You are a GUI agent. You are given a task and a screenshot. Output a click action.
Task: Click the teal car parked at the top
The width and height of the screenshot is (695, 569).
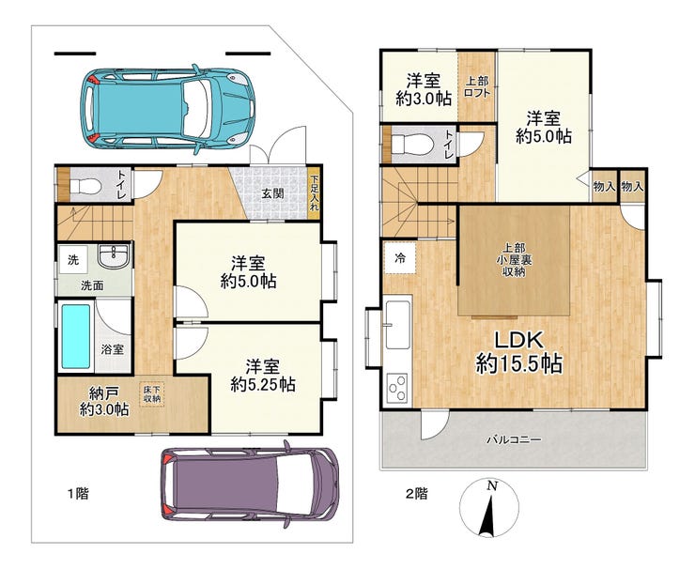coord(167,108)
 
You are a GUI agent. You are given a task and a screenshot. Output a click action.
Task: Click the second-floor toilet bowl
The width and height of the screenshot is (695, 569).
coord(410,144)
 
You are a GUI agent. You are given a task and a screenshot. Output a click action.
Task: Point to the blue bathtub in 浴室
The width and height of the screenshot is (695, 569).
coord(76,336)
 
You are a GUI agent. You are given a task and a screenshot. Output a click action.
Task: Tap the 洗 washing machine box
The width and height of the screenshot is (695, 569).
coord(73,260)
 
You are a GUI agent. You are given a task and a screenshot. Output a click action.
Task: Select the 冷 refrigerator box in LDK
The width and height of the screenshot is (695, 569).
coord(400,258)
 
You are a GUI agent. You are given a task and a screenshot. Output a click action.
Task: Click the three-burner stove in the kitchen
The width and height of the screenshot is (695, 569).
coord(398,389)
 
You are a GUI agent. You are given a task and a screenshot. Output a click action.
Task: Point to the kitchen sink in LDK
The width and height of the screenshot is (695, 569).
coord(398,324)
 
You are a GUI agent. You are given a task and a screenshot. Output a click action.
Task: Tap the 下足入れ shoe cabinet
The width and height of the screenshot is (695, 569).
coord(314,193)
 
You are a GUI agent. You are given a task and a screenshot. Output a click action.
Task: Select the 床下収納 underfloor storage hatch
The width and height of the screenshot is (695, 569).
coord(152,394)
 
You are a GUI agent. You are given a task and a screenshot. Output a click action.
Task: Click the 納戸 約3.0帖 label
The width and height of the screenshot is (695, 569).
coord(104,401)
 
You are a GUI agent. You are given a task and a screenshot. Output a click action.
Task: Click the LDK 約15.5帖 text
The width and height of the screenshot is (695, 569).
coord(519,352)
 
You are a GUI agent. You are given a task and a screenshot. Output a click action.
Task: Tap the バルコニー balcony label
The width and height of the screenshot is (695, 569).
coord(514,440)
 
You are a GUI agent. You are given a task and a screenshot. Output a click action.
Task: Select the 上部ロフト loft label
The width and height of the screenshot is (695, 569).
coord(477,87)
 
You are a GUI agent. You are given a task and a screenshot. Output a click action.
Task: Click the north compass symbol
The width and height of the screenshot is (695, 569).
coord(489,509)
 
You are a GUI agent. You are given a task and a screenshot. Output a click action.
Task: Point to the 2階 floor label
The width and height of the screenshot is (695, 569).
coord(417,493)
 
